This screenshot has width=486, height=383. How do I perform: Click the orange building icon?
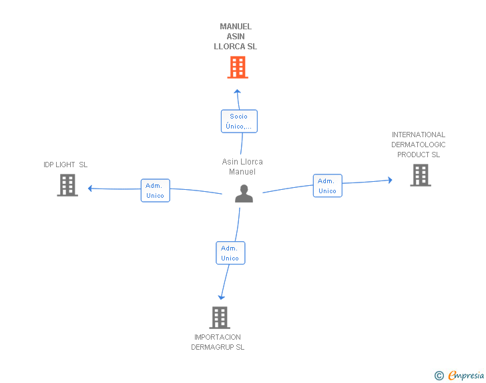[238, 67]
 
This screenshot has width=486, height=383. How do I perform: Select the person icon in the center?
[244, 194]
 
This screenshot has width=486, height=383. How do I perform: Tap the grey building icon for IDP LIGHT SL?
[67, 185]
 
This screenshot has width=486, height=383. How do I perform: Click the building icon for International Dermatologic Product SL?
[421, 175]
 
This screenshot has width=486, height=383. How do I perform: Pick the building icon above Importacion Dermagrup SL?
[220, 318]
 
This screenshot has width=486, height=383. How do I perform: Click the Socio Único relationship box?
[239, 121]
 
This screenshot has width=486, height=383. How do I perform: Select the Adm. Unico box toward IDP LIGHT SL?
[156, 191]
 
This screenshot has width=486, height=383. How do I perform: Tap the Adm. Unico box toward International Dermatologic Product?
[328, 186]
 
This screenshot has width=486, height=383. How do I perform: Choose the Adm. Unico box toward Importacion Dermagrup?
[230, 253]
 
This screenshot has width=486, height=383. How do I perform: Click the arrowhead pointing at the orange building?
[238, 91]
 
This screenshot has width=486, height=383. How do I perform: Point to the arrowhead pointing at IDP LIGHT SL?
[90, 188]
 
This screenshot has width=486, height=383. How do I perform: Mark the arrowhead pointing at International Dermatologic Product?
[391, 180]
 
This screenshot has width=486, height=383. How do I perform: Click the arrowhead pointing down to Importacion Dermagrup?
[222, 298]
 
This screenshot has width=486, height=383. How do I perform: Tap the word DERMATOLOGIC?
[419, 145]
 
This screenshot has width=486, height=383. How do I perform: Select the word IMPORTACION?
[218, 337]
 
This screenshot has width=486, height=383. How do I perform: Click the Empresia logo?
[466, 376]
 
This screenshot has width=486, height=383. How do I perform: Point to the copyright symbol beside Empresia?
[439, 376]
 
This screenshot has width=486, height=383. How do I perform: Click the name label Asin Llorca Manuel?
[242, 167]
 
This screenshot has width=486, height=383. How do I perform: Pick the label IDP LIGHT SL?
[65, 165]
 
